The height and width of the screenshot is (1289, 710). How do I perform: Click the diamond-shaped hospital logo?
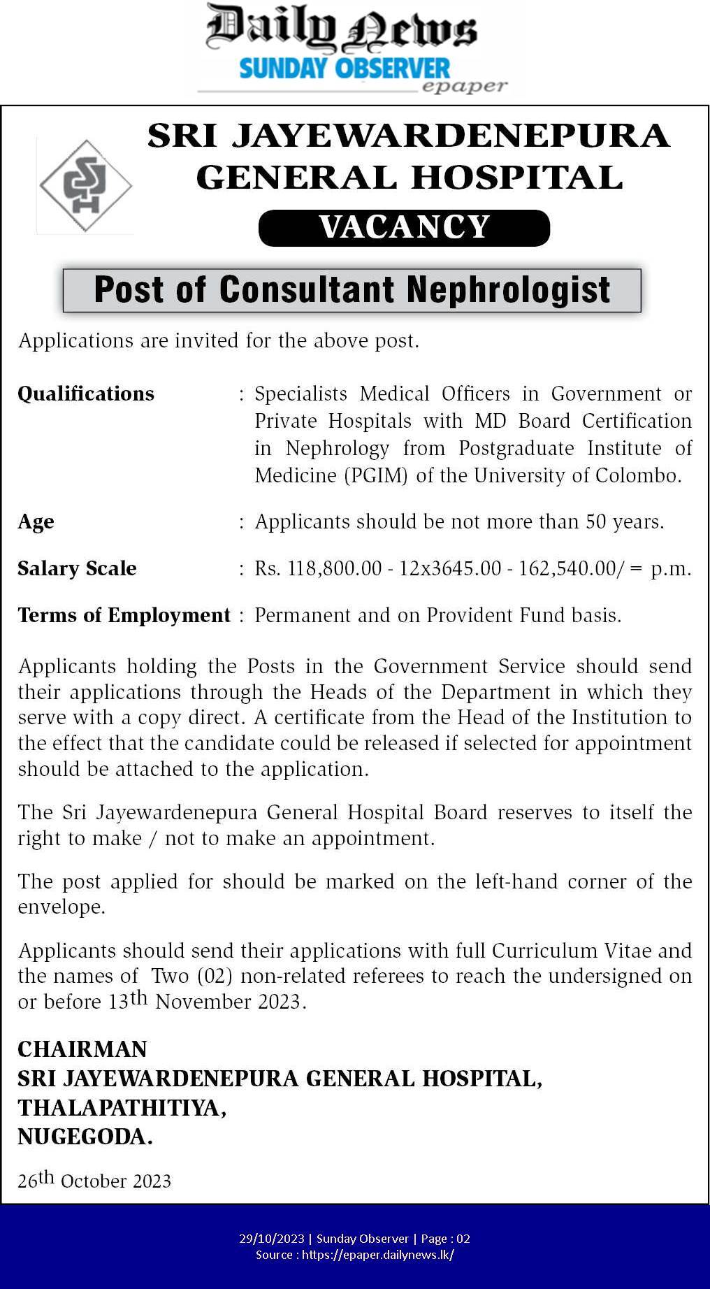pos(85,186)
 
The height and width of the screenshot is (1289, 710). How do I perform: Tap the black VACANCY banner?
pos(404,228)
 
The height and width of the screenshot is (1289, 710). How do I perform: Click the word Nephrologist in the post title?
pos(509,290)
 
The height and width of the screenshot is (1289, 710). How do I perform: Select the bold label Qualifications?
pos(86,394)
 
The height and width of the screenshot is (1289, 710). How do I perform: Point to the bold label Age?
pos(36,522)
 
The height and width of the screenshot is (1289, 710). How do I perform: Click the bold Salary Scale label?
pos(77,569)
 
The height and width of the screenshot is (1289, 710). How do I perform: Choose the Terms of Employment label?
pos(124,616)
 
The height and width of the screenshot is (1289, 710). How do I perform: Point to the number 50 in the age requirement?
pos(596,522)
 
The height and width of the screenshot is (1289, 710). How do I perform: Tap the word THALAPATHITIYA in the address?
pos(122,1108)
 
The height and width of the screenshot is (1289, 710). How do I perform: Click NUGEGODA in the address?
pos(85,1137)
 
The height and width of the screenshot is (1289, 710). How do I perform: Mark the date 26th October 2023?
pos(94,1181)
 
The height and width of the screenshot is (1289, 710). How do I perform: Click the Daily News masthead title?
pos(341,29)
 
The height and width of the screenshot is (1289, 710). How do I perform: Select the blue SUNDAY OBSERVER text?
pos(345,69)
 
